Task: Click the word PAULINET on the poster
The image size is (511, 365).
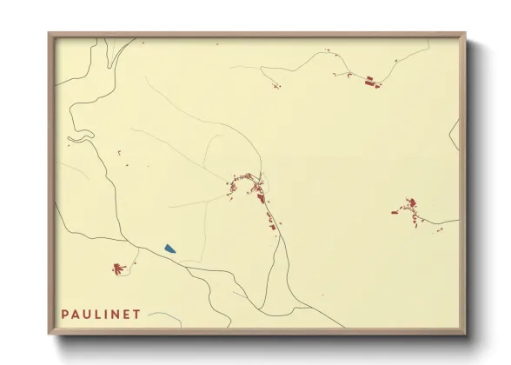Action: [100, 314]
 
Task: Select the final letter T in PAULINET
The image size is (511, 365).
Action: [136, 314]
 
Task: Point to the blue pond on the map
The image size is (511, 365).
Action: [169, 249]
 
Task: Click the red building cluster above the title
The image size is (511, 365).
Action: [119, 269]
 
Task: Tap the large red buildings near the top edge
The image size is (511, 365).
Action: [370, 82]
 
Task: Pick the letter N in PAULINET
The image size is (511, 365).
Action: [114, 314]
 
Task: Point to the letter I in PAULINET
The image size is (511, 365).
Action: [105, 314]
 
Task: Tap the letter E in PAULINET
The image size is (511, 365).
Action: [125, 314]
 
